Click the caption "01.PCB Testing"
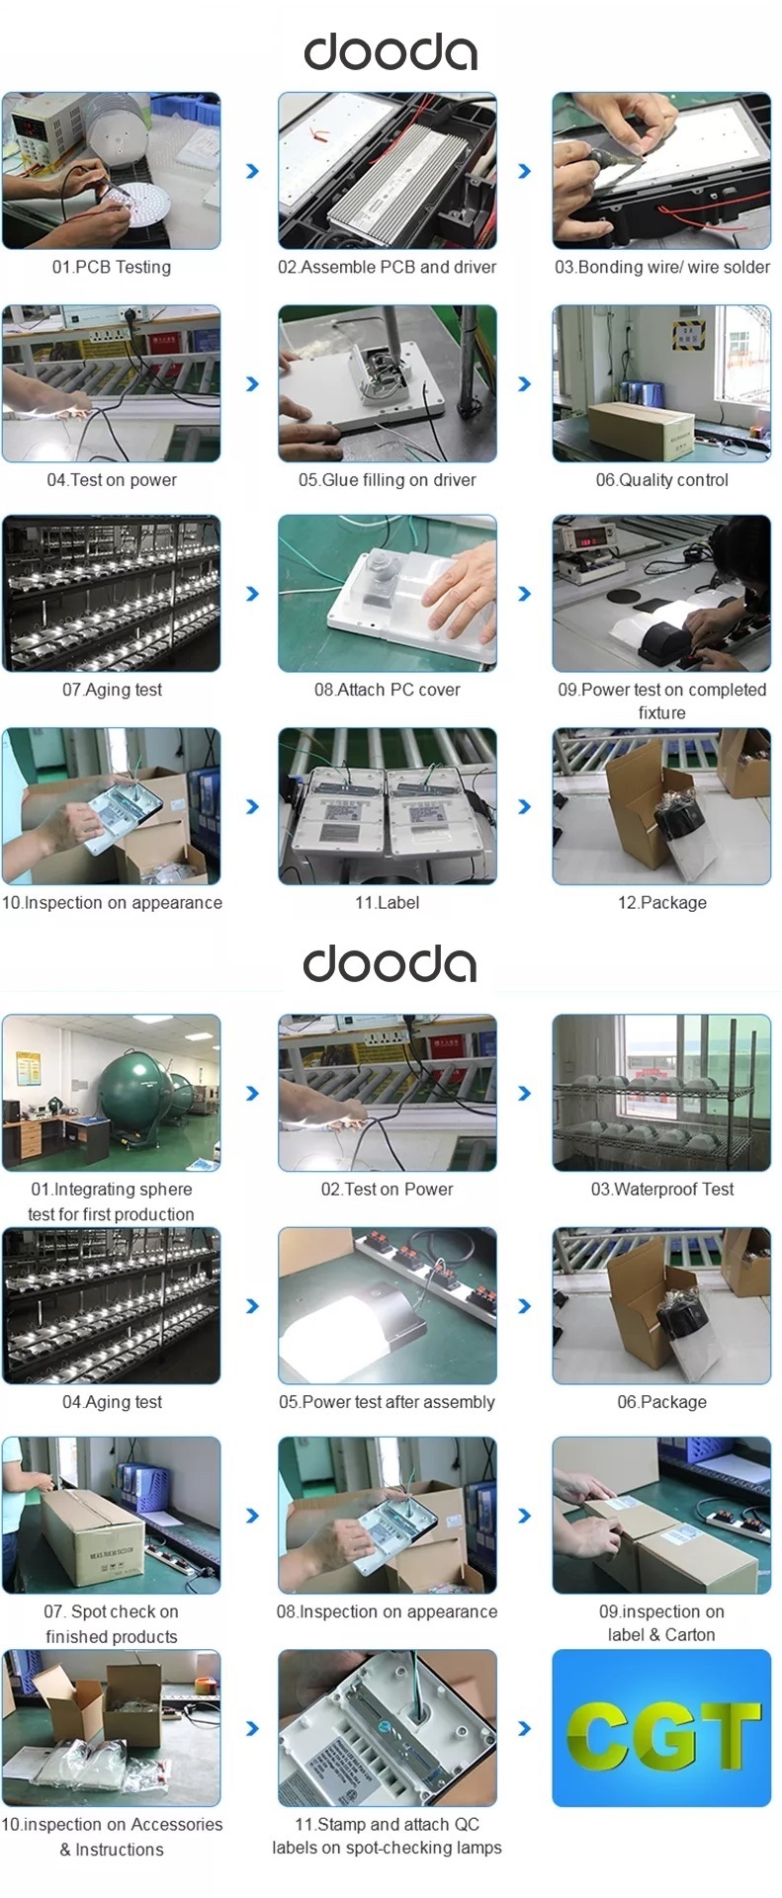(x=112, y=267)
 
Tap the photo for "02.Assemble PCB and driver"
(x=388, y=171)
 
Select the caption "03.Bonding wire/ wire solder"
(x=662, y=267)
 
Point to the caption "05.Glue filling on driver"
(x=388, y=480)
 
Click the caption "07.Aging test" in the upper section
(x=112, y=691)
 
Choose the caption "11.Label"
(x=388, y=903)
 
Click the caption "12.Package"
(x=662, y=903)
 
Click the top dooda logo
(x=391, y=51)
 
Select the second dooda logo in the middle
(x=391, y=963)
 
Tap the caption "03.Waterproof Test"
(x=662, y=1190)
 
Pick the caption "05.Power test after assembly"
(x=388, y=1402)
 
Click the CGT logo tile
(x=661, y=1728)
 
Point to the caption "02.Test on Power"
(x=388, y=1190)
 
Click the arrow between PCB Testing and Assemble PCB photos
(x=252, y=171)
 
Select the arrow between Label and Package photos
(x=525, y=807)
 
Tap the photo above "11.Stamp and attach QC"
(x=388, y=1728)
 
